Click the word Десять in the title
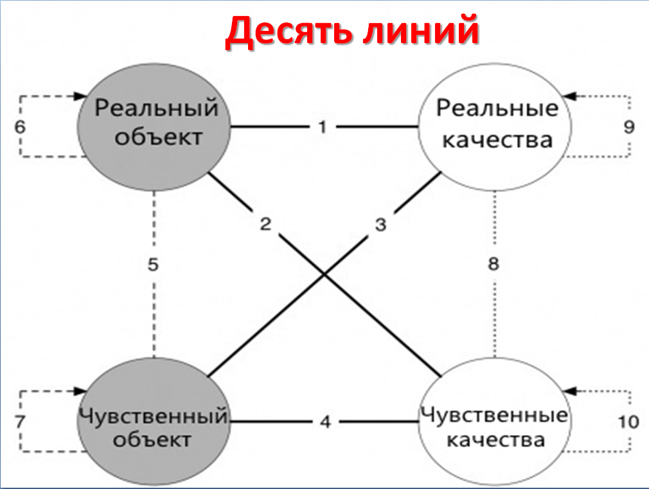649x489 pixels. (x=288, y=31)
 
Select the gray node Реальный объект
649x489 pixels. (x=154, y=127)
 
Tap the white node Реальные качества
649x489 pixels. (x=495, y=127)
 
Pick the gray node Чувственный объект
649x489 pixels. (x=154, y=422)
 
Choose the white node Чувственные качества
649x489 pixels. (x=495, y=422)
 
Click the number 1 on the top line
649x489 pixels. (x=323, y=127)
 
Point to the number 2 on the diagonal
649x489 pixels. (x=265, y=224)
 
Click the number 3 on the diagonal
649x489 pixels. (x=381, y=225)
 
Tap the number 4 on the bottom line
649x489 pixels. (x=325, y=422)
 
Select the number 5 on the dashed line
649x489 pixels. (x=153, y=265)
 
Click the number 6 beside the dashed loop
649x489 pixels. (x=20, y=127)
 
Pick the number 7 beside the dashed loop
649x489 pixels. (x=20, y=422)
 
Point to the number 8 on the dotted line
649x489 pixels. (x=493, y=263)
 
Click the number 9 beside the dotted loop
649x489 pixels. (x=629, y=127)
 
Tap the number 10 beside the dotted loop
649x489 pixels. (x=628, y=422)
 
